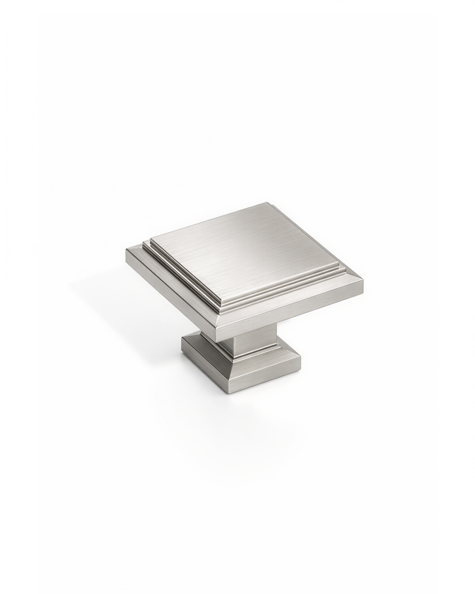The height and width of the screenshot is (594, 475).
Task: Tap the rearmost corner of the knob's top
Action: tap(273, 204)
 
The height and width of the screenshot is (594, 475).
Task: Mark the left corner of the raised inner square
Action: tap(151, 239)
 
